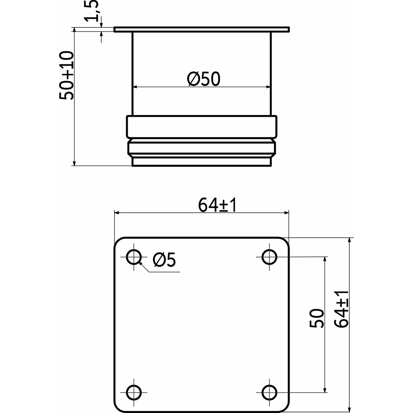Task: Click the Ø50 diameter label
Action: tap(203, 79)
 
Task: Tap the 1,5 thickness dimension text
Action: tap(91, 11)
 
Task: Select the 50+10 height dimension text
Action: tap(66, 76)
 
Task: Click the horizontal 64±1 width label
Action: tap(217, 205)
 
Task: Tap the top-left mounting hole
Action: tap(134, 257)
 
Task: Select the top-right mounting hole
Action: tap(269, 257)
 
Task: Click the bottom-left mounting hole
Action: tap(134, 392)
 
